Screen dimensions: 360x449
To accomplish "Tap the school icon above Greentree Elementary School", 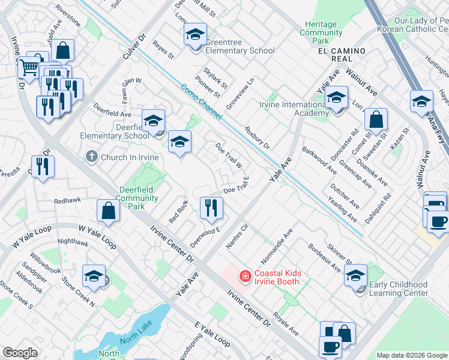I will coord(195,35).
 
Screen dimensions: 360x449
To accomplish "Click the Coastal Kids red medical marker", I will coord(245,276).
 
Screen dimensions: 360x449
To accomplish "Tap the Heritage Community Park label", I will coord(321,32).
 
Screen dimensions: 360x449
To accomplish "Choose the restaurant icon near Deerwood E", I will coord(211,208).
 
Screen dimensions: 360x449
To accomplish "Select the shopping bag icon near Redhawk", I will coord(108,211).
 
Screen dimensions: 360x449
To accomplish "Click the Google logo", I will coord(20,353).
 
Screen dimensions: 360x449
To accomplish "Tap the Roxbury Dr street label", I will coord(258,137).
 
